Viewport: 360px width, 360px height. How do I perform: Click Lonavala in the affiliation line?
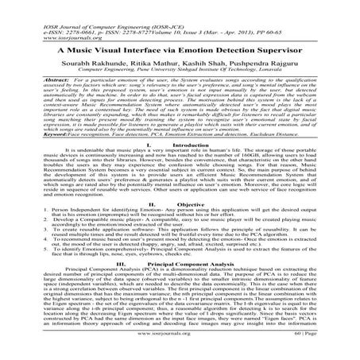[278, 70]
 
